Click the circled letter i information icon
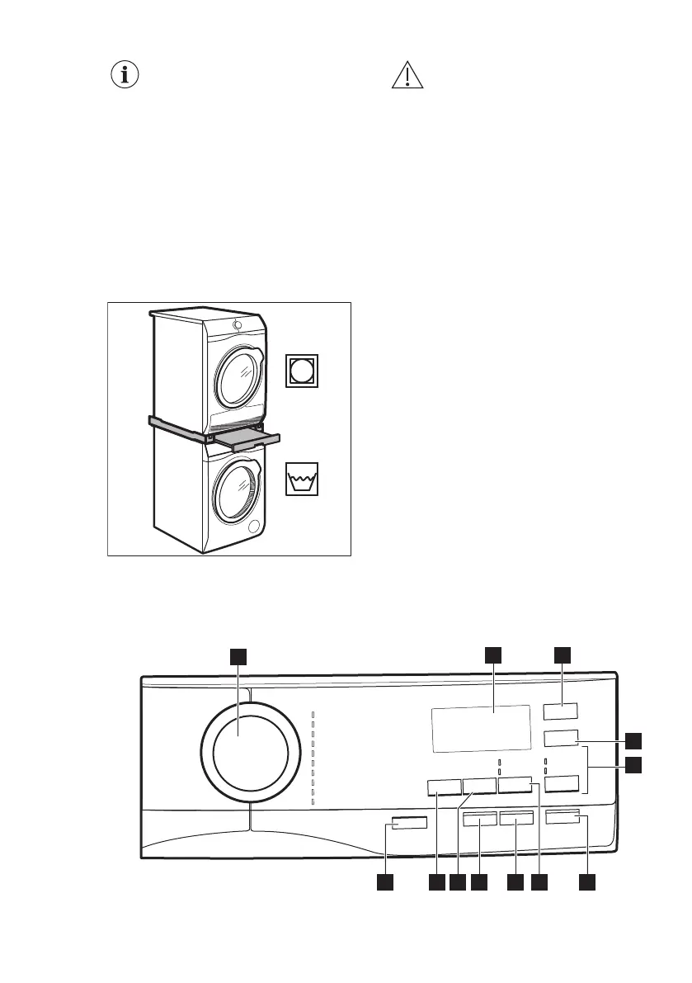pos(125,75)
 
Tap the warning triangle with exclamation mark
pos(407,76)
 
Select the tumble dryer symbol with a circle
pos(302,371)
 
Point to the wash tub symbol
pos(302,480)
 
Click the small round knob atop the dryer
pos(238,324)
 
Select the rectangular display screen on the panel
pos(480,728)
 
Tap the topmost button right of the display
pos(561,711)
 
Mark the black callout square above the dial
pos(238,655)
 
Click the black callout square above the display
pos(493,655)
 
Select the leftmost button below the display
pos(444,787)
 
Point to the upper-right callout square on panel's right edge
pos(633,739)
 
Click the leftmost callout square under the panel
pos(384,883)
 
